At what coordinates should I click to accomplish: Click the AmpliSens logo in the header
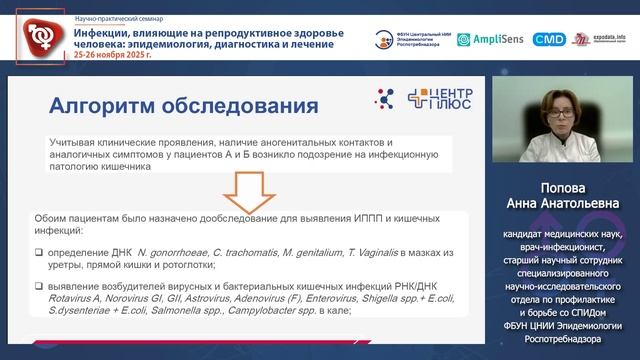coord(489,39)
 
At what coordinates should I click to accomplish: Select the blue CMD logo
coord(548,39)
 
